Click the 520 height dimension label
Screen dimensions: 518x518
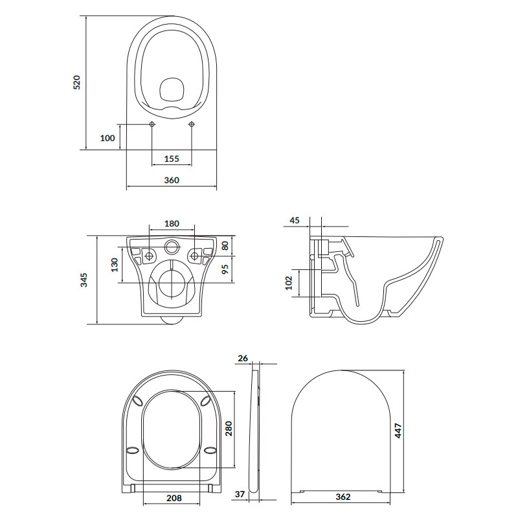click(x=76, y=82)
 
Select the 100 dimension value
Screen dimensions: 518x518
click(x=107, y=138)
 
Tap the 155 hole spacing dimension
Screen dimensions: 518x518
click(x=172, y=159)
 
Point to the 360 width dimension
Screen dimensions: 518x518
click(x=172, y=180)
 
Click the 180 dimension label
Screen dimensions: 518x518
click(x=172, y=223)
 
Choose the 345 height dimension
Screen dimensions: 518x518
click(x=84, y=280)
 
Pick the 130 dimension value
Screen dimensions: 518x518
click(x=115, y=265)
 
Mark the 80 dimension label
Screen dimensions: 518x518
click(x=225, y=245)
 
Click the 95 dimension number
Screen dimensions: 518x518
click(x=225, y=269)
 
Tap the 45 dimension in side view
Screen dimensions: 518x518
click(x=295, y=220)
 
